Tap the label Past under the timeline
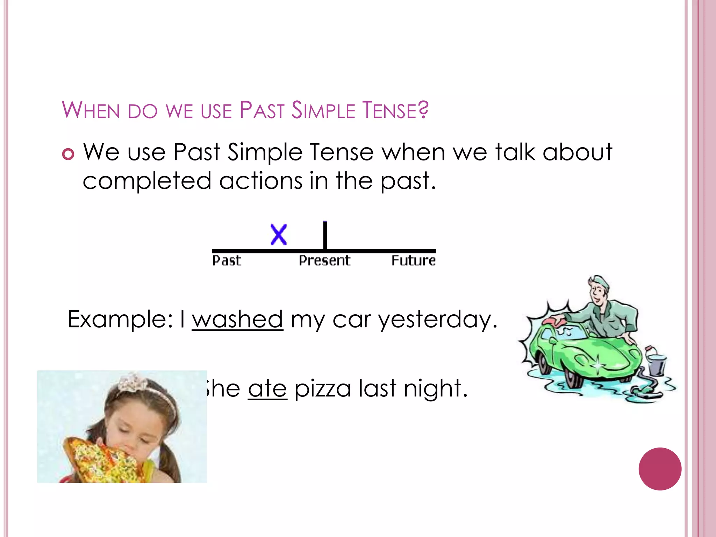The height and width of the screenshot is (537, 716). pyautogui.click(x=227, y=261)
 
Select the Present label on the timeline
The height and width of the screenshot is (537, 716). pyautogui.click(x=324, y=261)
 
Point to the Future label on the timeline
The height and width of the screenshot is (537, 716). pyautogui.click(x=413, y=261)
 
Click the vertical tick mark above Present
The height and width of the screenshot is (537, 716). pyautogui.click(x=325, y=235)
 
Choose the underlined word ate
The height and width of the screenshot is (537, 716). pyautogui.click(x=267, y=388)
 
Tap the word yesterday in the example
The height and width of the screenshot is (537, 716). pyautogui.click(x=438, y=320)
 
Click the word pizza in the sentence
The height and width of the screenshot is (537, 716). pyautogui.click(x=322, y=389)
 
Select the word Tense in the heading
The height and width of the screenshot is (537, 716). pyautogui.click(x=395, y=110)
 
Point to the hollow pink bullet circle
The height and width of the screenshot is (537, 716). pyautogui.click(x=68, y=154)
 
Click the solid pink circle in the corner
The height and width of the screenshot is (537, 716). pyautogui.click(x=660, y=469)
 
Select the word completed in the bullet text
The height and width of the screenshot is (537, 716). pyautogui.click(x=147, y=181)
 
